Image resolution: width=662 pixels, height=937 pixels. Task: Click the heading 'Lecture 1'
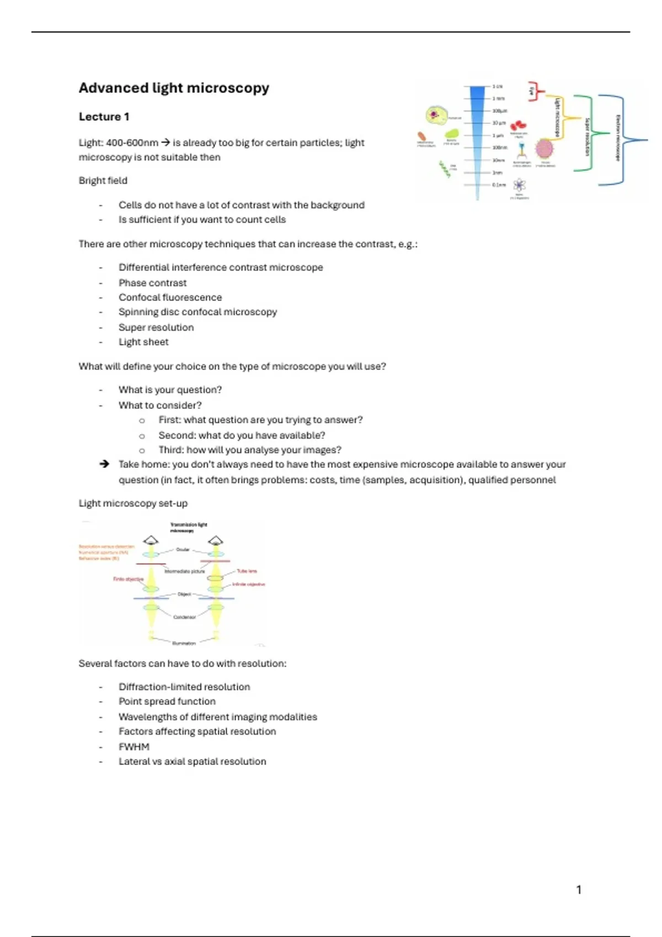coord(104,117)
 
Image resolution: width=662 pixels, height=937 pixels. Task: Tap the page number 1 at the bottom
coord(579,890)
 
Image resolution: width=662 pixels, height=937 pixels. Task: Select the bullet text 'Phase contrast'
coord(152,283)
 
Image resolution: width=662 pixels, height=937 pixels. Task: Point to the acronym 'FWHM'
coord(134,747)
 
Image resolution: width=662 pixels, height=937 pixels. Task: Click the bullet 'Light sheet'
coord(143,342)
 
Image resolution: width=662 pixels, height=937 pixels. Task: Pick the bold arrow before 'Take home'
coord(104,464)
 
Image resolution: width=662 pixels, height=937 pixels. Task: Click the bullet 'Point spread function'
coord(167,701)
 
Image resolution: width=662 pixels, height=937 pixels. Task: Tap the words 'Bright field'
coord(103,180)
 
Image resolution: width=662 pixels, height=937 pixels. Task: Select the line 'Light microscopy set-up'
coord(133,503)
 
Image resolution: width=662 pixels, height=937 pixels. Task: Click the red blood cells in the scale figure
coord(518,126)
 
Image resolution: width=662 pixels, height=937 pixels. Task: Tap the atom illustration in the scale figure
coord(519,185)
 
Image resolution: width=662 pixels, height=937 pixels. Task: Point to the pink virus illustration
coord(544,149)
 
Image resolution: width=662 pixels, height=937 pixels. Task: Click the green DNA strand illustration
coord(445,169)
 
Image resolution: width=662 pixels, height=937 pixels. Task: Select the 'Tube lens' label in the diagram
coord(247,571)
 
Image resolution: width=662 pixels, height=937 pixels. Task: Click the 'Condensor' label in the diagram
coord(184,617)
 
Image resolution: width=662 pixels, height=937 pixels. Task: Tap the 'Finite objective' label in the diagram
coord(128,579)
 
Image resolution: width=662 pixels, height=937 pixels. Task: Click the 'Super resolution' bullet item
coord(156,327)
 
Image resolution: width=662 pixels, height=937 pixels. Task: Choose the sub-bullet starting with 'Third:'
coord(249,450)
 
